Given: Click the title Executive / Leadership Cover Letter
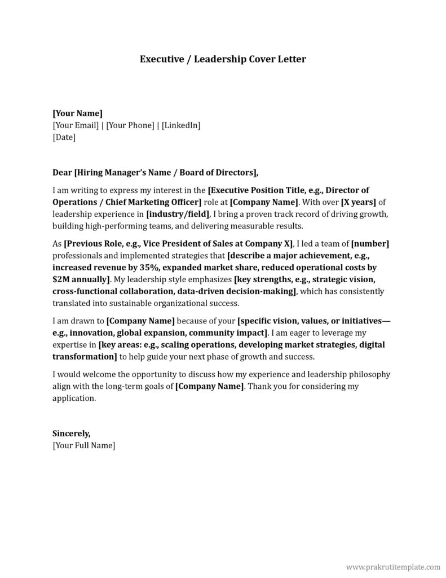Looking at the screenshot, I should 223,59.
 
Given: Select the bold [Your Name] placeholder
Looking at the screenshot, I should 77,113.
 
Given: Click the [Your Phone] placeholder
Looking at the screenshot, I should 130,125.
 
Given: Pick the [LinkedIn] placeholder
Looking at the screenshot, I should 181,125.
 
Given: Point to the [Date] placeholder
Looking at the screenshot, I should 64,137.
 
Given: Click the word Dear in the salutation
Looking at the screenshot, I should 62,172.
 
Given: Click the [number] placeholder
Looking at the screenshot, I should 370,243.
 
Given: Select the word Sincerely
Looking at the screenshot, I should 72,433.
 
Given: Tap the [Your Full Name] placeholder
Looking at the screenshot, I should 83,445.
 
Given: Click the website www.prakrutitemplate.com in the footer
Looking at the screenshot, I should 392,566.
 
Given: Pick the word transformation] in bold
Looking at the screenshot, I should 85,356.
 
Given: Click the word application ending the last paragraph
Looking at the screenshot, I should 74,398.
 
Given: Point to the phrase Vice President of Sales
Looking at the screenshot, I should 200,243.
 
